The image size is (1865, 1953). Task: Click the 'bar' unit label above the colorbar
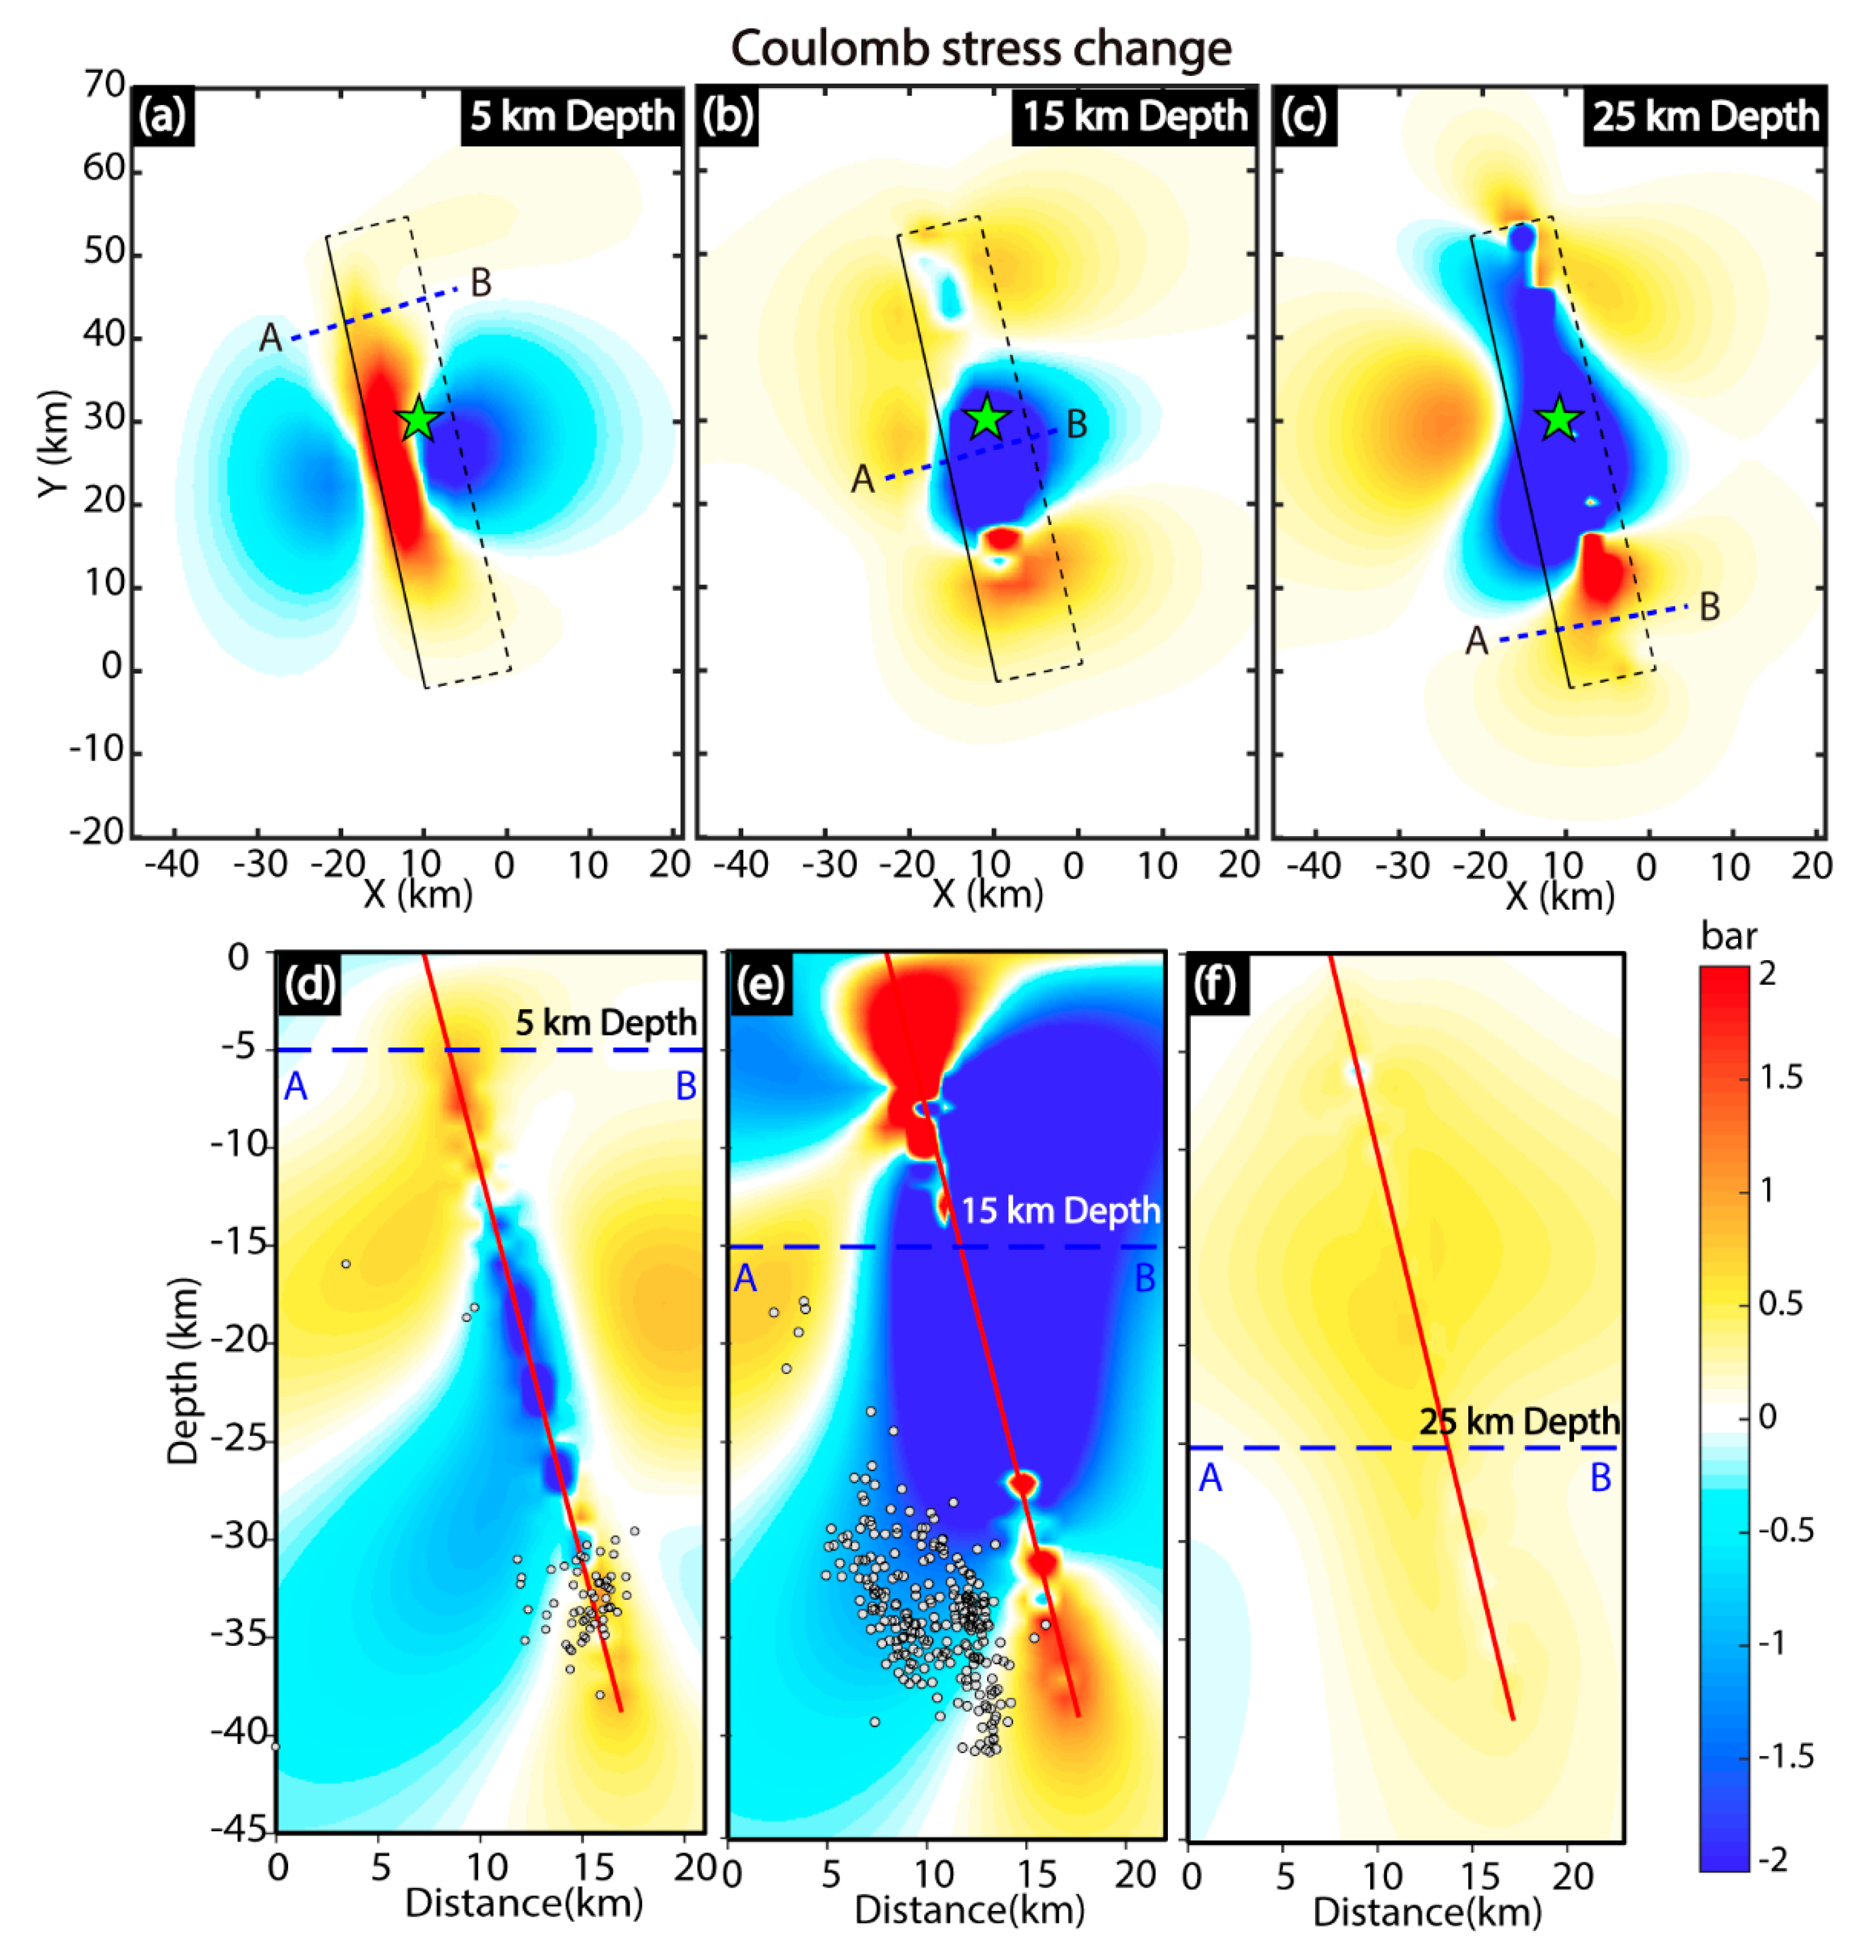(1729, 936)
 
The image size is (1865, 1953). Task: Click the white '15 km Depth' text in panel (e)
(1061, 1211)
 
